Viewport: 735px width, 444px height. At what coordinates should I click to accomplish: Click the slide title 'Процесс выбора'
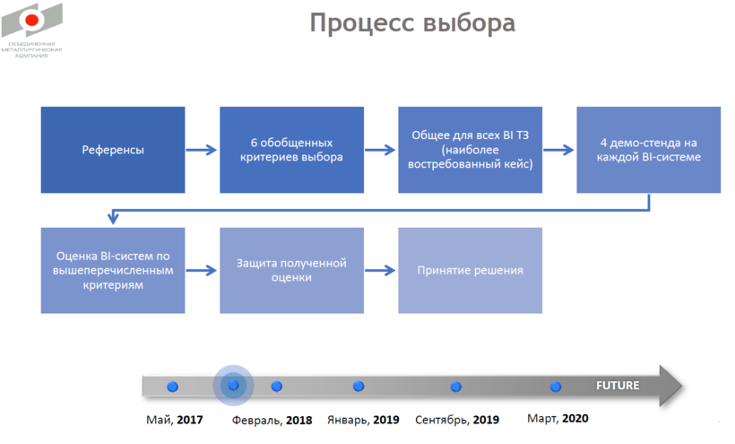tap(412, 22)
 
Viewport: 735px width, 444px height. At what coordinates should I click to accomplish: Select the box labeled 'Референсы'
tap(113, 150)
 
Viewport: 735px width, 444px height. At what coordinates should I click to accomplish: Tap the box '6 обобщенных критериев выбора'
tap(292, 150)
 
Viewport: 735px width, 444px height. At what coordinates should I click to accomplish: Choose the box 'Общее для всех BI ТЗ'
tap(471, 150)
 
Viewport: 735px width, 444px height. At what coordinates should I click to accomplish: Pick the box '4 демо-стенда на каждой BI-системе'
tap(648, 150)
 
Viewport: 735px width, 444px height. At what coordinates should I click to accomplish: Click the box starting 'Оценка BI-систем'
tap(113, 270)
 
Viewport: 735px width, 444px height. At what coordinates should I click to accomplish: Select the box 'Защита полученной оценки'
tap(292, 270)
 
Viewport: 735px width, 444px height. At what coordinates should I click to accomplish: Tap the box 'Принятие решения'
tap(471, 270)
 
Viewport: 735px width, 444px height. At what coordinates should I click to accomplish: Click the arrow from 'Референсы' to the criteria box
tap(203, 150)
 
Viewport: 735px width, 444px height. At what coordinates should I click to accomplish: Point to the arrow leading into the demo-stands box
tap(559, 150)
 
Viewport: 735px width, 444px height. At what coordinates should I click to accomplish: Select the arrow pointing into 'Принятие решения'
tap(381, 270)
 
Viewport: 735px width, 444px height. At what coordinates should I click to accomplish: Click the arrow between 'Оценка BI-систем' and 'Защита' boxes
tap(203, 270)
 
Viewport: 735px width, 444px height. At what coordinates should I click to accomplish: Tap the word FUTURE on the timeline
tap(618, 386)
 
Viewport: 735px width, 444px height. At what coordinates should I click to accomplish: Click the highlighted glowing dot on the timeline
tap(233, 385)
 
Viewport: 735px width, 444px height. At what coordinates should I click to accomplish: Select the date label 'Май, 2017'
tap(174, 419)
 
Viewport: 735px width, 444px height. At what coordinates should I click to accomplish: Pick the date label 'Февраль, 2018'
tap(272, 420)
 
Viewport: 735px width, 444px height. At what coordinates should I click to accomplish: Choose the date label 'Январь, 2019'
tap(363, 420)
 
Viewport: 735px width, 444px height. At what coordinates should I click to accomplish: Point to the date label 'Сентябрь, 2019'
tap(457, 419)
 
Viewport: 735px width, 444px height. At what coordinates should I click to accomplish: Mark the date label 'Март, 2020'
tap(558, 418)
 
